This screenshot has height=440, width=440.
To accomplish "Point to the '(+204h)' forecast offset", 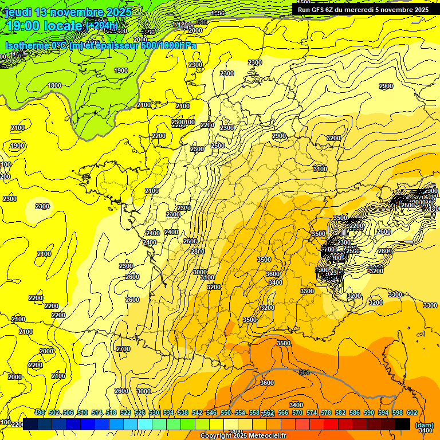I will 102,25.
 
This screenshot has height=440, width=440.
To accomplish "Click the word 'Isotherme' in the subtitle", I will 26,46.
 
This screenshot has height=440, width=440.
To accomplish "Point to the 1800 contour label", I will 54,85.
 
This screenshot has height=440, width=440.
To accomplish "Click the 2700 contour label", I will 123,349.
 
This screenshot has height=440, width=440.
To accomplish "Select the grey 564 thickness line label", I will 304,373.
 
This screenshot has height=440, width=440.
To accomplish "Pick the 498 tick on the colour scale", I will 40,412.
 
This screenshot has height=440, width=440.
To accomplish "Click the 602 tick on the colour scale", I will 412,412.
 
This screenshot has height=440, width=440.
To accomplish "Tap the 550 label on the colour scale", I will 226,412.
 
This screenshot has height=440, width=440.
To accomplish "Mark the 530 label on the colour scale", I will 154,412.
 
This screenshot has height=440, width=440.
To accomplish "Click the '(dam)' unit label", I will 424,425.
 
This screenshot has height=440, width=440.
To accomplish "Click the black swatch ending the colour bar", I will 403,424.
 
